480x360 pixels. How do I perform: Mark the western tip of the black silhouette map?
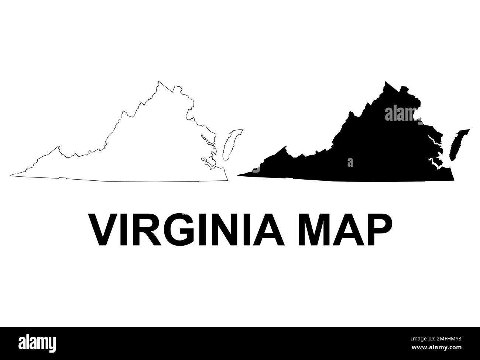click(238, 175)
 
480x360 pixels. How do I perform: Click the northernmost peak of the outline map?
click(158, 81)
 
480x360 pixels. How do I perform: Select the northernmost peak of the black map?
click(385, 82)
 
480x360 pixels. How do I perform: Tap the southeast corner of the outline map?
click(227, 180)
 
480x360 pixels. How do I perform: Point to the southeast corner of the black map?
click(453, 180)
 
